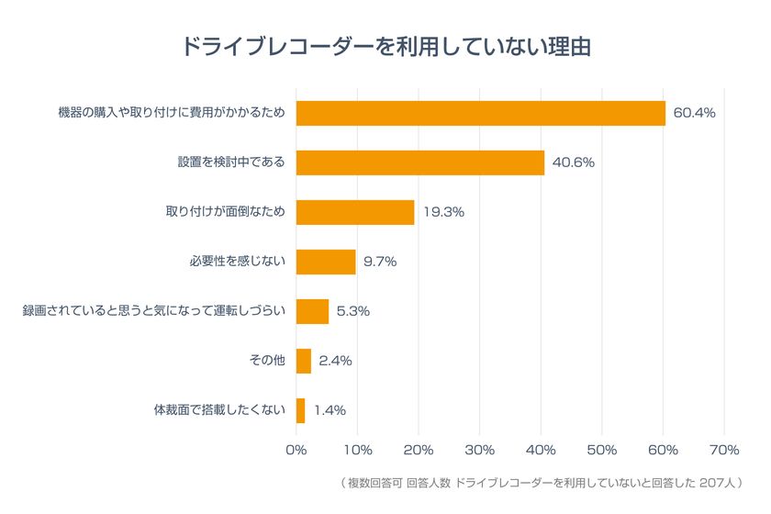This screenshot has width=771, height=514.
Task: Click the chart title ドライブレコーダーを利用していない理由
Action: pos(385,46)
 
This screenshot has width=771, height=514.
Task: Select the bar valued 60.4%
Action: pos(480,113)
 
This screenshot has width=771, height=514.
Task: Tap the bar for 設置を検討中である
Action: pos(419,162)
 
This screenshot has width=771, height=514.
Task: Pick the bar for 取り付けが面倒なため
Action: pos(355,212)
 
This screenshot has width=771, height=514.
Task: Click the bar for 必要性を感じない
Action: pos(326,262)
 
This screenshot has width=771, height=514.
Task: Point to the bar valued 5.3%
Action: pos(312,311)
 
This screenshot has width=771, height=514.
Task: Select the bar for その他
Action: pos(304,361)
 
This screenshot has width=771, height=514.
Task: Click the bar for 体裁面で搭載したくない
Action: pos(300,410)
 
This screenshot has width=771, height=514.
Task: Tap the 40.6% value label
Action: pos(574,162)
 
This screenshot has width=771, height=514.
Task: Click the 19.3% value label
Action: pos(443,212)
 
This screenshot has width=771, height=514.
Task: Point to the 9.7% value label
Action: pos(380,262)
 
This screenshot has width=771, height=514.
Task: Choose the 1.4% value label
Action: pos(330,410)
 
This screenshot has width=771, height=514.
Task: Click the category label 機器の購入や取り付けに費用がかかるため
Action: pos(171,113)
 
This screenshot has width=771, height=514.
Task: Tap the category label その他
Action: pos(267,361)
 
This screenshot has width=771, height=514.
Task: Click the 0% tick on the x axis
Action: pos(296,450)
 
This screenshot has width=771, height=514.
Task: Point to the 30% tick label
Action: pos(480,450)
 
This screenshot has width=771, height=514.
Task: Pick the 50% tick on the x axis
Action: pos(602,450)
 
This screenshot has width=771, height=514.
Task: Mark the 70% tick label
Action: pos(724,450)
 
